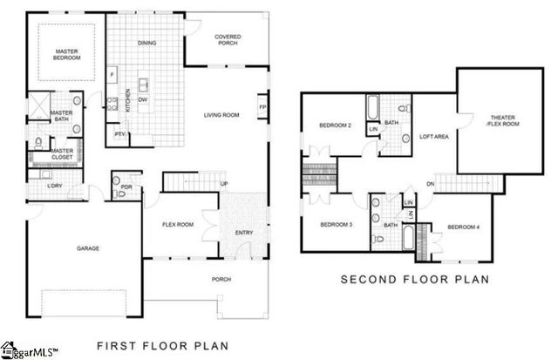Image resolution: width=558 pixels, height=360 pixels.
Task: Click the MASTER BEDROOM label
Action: click(x=67, y=54)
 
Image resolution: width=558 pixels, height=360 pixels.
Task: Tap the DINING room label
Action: click(x=147, y=43)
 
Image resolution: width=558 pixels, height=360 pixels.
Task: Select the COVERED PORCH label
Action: click(x=228, y=39)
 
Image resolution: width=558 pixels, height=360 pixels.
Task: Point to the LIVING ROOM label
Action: click(x=221, y=114)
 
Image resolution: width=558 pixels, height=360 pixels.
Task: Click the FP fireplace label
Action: click(x=262, y=107)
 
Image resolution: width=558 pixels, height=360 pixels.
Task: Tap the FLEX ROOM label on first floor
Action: click(x=178, y=224)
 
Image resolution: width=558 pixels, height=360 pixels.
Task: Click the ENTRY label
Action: click(x=244, y=232)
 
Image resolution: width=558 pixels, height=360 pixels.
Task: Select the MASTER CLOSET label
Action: click(x=61, y=153)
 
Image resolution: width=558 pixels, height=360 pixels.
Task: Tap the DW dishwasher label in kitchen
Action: click(x=142, y=99)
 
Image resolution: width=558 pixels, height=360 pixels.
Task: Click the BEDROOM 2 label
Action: click(x=336, y=126)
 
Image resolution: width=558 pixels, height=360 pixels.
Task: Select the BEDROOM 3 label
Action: click(x=336, y=225)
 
